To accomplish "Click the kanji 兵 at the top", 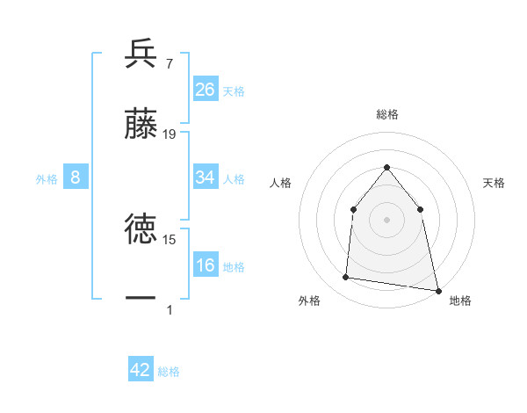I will click(x=141, y=54).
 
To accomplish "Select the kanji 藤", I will click(x=141, y=123).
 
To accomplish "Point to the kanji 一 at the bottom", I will click(x=141, y=299).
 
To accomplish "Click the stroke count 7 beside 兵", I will click(x=169, y=63).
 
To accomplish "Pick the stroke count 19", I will click(x=170, y=134).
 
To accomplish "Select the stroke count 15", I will click(x=170, y=239).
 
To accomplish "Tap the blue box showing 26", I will click(x=206, y=90).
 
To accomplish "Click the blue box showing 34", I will click(x=206, y=178).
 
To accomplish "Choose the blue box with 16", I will click(x=206, y=265).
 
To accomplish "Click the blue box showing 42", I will click(x=141, y=370).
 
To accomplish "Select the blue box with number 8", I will click(x=76, y=178).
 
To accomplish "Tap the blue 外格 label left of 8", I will click(x=47, y=178).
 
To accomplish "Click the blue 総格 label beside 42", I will click(x=169, y=371).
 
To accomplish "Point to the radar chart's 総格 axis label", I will click(x=386, y=114).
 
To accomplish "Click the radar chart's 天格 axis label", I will click(x=495, y=183).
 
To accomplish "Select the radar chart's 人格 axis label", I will click(x=280, y=183).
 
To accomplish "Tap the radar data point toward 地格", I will click(x=437, y=289).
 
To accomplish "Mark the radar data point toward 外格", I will click(x=346, y=278).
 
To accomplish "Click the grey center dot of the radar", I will click(x=386, y=220).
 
